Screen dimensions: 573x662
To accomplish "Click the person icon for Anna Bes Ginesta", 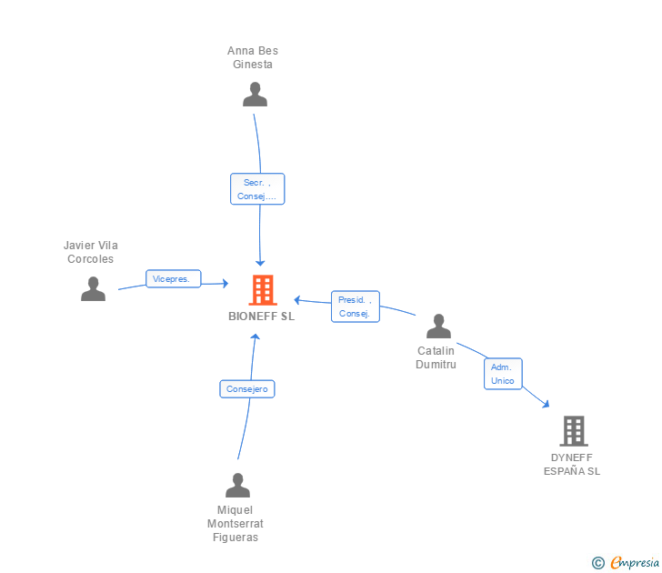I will (x=255, y=95).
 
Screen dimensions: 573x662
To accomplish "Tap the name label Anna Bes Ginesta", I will (x=253, y=57).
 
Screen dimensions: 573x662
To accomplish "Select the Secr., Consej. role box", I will (x=257, y=189).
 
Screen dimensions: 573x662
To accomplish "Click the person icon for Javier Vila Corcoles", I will (x=93, y=289).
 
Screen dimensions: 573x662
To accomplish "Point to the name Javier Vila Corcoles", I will (x=90, y=252).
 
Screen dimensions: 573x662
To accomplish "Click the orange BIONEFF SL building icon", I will (x=262, y=289).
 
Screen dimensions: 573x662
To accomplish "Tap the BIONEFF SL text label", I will (x=262, y=317).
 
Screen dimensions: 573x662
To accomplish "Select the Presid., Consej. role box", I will (x=355, y=307).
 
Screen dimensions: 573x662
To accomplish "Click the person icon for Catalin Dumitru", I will (x=438, y=326).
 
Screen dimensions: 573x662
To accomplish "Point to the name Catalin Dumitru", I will (x=436, y=357).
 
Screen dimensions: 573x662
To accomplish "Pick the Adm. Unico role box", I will (x=502, y=374).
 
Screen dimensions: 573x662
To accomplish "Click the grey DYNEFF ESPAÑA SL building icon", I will (x=573, y=430).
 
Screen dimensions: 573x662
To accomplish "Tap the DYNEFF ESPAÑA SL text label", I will (x=572, y=464).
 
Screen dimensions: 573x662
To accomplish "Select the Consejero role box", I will (x=247, y=389).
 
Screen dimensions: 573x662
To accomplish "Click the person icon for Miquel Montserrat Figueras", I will (x=237, y=485).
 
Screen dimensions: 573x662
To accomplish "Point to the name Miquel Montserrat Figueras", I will (x=236, y=523).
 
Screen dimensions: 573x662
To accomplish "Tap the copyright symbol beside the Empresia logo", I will (x=597, y=563).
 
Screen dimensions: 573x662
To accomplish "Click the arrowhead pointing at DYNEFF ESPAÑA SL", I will (x=546, y=405).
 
